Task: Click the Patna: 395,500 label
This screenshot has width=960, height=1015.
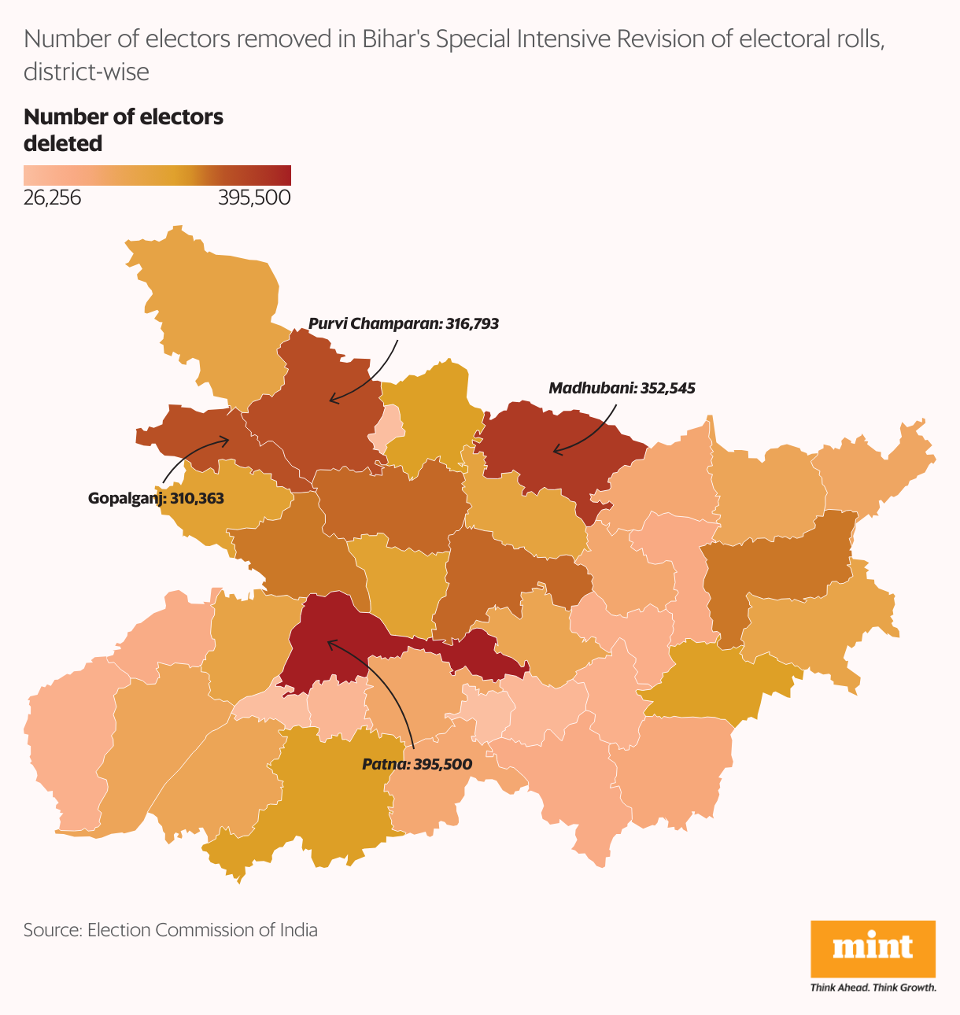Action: pos(417,764)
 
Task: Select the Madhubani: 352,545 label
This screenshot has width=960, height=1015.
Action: pos(622,388)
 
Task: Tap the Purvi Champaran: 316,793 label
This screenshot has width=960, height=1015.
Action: pos(403,323)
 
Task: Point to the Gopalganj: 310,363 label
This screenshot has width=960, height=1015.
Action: pos(156,498)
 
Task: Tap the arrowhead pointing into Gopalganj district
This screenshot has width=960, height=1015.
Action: pos(226,441)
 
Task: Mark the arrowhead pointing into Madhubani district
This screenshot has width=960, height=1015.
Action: pos(556,451)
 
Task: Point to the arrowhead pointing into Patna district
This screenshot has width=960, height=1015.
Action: pos(330,644)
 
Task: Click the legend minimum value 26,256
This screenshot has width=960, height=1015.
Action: pos(52,197)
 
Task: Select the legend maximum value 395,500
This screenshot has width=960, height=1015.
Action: pos(254,197)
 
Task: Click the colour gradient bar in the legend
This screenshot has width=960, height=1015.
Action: pos(157,175)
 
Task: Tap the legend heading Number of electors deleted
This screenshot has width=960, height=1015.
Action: pos(124,130)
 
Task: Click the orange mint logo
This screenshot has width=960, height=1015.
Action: pos(873,948)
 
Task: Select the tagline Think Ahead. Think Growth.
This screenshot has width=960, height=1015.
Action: pos(873,987)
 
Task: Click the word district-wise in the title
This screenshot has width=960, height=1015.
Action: pos(87,72)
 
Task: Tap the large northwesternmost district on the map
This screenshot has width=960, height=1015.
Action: pos(212,315)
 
